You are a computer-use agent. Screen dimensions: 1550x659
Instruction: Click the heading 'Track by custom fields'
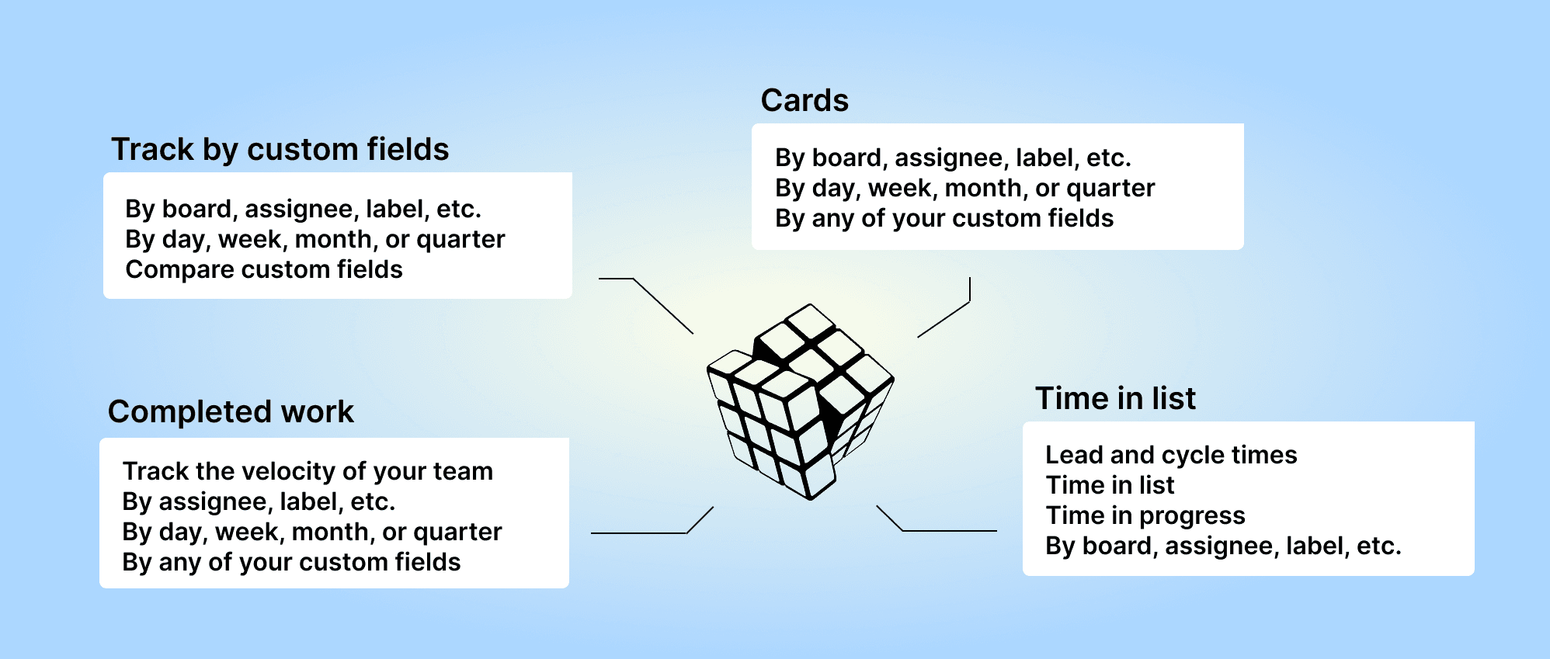pos(280,150)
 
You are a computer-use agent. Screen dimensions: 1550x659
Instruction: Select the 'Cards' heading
pos(805,101)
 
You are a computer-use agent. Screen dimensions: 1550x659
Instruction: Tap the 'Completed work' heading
pos(231,412)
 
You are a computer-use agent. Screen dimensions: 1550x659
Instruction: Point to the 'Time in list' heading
pos(1115,398)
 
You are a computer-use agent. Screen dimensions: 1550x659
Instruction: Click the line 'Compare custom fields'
pos(264,269)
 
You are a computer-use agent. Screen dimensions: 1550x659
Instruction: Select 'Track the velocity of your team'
pos(308,471)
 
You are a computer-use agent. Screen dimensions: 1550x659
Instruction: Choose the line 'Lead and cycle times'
pos(1171,455)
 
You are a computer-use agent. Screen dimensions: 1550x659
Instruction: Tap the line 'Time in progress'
pos(1145,515)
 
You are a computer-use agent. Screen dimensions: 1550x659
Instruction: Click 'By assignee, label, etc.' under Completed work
pos(259,501)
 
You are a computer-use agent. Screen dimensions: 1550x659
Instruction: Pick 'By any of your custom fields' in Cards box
pos(944,218)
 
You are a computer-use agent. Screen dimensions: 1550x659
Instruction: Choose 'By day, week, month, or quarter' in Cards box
pos(965,188)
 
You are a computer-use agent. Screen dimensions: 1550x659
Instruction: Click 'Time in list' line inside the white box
pos(1110,485)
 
